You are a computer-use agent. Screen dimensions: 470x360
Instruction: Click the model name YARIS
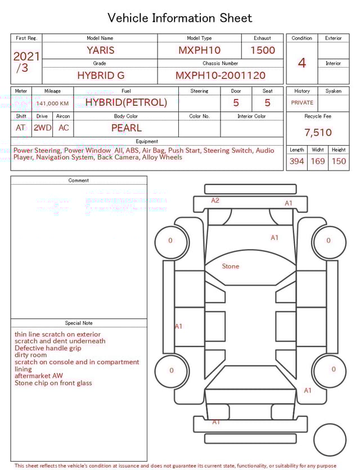101,50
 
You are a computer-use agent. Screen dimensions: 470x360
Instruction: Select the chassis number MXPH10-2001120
220,75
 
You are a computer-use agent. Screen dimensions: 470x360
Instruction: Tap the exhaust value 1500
263,50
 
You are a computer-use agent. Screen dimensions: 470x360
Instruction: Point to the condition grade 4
302,62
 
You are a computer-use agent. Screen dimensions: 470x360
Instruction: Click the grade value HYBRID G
101,75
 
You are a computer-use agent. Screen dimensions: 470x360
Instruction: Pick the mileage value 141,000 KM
52,104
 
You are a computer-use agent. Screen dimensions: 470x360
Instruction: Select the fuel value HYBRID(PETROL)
126,102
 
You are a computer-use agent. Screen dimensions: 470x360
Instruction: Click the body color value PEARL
126,128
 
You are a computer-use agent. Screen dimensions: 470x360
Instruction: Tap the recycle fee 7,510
318,133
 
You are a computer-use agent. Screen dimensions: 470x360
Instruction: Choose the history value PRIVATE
302,102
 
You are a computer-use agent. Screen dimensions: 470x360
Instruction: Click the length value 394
296,162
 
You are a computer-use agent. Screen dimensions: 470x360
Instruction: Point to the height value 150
339,162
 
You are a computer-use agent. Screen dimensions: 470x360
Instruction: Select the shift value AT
21,128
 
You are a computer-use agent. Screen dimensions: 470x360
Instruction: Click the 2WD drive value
42,128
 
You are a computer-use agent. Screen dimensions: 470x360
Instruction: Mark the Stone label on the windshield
230,266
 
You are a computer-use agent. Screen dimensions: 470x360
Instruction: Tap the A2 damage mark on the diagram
215,200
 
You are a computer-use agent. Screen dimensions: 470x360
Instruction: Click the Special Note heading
79,323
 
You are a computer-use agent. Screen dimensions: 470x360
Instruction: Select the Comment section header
79,180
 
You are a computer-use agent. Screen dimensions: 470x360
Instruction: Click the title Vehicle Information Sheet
180,18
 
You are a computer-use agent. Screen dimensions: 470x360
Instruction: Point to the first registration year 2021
26,56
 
